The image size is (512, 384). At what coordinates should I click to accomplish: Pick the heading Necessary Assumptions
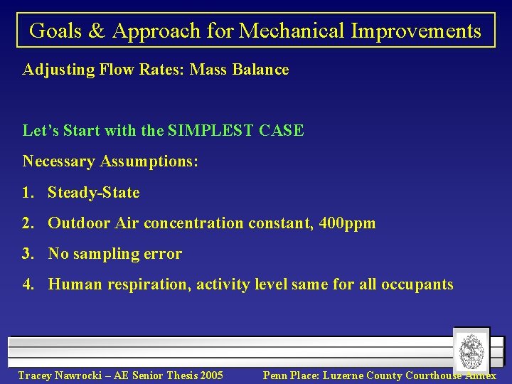click(x=110, y=161)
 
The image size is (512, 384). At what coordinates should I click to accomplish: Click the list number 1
click(x=28, y=193)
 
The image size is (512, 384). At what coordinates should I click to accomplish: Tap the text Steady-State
click(x=93, y=193)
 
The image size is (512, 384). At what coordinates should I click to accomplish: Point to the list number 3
click(x=28, y=254)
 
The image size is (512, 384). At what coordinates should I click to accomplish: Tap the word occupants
click(x=417, y=284)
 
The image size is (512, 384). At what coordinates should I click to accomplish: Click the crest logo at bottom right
click(x=471, y=351)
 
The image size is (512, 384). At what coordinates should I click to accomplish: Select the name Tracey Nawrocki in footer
click(x=58, y=375)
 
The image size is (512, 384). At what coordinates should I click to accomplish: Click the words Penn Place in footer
click(x=291, y=375)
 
